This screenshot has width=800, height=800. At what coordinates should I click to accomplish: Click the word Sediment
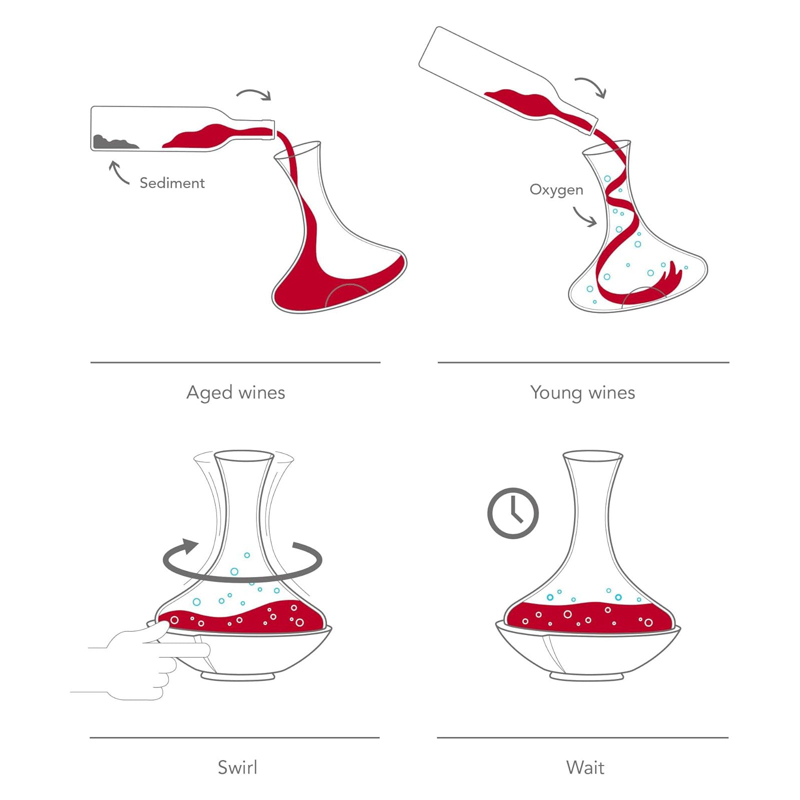coord(172,183)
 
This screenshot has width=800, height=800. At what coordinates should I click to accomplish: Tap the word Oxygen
coord(556,190)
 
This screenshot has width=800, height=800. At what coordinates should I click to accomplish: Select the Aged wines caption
coord(235,393)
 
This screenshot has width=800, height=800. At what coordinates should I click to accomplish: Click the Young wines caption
coord(582,393)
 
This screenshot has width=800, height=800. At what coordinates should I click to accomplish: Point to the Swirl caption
coord(237,767)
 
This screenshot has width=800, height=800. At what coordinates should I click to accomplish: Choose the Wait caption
coord(585,767)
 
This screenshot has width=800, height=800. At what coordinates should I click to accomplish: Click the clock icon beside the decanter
coord(513,513)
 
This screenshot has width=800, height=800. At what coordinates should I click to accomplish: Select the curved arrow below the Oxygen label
coord(582,217)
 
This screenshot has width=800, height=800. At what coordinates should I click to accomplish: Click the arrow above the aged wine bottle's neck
coord(254,92)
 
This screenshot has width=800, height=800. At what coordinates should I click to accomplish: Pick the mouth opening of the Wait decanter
coord(593,455)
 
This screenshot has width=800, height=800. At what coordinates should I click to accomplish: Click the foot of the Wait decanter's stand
coord(586,676)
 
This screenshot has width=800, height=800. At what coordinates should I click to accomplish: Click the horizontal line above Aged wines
coord(235,362)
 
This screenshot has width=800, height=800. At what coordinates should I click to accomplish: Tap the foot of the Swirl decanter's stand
coord(238,676)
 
